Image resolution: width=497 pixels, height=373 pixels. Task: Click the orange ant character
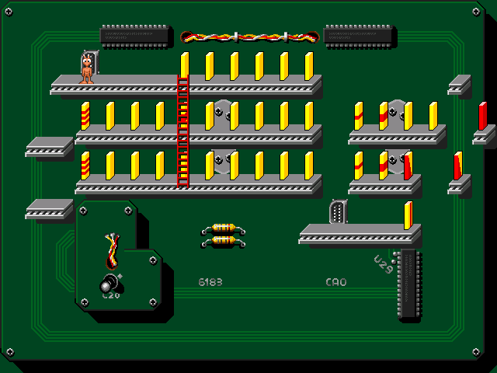[87, 71]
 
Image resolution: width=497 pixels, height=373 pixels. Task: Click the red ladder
[183, 131]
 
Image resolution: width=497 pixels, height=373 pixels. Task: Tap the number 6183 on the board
[210, 282]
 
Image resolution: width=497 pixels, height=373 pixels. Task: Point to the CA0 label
[336, 282]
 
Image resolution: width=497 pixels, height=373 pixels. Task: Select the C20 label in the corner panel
[111, 295]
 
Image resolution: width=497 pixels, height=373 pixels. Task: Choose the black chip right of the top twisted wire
[359, 33]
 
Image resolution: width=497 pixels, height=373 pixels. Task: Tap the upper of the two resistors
[224, 228]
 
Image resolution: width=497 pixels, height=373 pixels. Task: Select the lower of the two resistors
[224, 241]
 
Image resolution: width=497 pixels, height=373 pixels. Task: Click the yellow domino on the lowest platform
[408, 214]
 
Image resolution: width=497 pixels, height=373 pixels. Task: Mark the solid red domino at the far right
[483, 115]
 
